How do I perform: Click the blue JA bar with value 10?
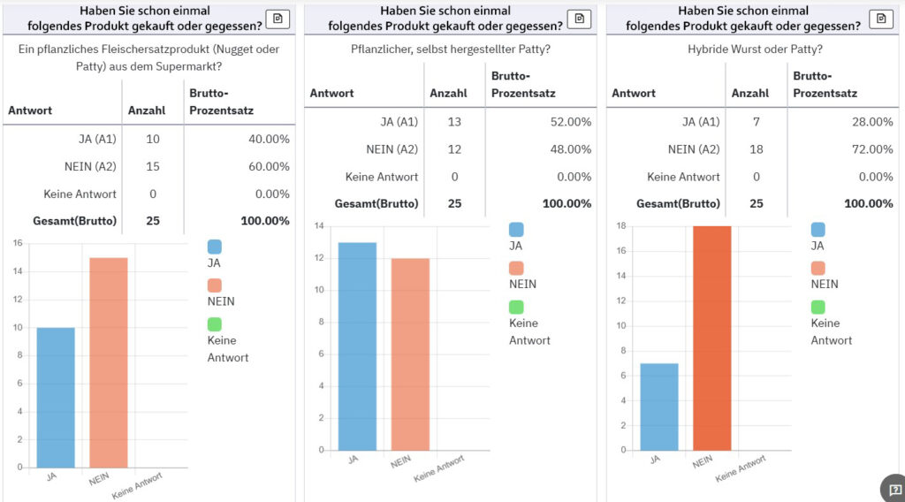point(56,397)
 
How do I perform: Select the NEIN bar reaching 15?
point(109,362)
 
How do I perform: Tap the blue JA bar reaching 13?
point(357,346)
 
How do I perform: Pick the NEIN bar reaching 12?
point(410,354)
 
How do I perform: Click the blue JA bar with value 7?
point(658,407)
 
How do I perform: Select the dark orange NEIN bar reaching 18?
point(711,338)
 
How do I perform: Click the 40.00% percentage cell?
point(266,140)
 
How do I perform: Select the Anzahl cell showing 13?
point(454,122)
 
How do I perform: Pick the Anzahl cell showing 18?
point(757,149)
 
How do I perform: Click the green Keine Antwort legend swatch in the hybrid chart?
point(818,307)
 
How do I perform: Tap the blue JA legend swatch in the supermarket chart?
point(215,247)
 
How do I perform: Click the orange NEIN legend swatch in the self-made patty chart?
point(516,268)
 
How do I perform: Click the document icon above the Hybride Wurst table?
point(881,19)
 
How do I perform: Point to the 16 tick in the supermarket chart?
point(18,244)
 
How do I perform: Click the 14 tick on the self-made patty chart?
point(319,226)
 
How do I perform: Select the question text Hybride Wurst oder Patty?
point(755,49)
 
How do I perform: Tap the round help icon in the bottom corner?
point(894,489)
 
